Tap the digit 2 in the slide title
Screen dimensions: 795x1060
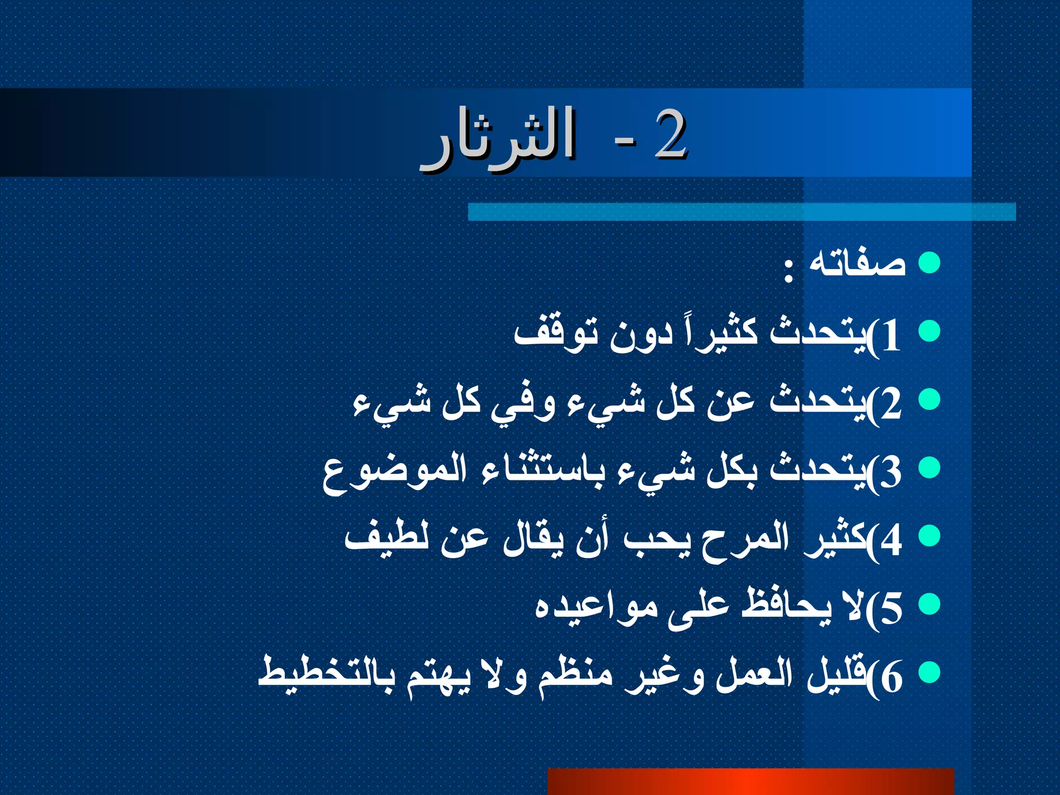pyautogui.click(x=671, y=136)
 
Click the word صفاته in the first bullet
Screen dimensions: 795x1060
pyautogui.click(x=857, y=263)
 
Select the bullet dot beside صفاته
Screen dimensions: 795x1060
pyautogui.click(x=929, y=262)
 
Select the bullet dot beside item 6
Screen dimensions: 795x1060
pyautogui.click(x=929, y=672)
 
